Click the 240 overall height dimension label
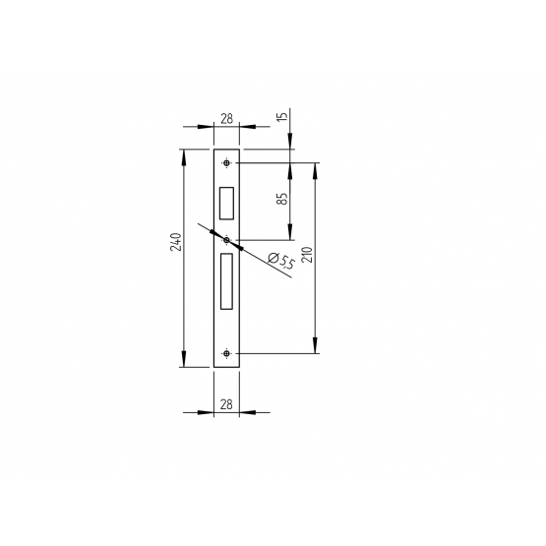[x=176, y=242]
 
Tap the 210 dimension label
[x=308, y=255]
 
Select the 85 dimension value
[x=282, y=199]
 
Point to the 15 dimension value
[x=283, y=116]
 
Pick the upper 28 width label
[x=226, y=119]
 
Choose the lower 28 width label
[x=226, y=404]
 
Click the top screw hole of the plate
[x=226, y=163]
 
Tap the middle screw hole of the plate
[x=226, y=240]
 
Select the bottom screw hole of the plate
[x=226, y=354]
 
